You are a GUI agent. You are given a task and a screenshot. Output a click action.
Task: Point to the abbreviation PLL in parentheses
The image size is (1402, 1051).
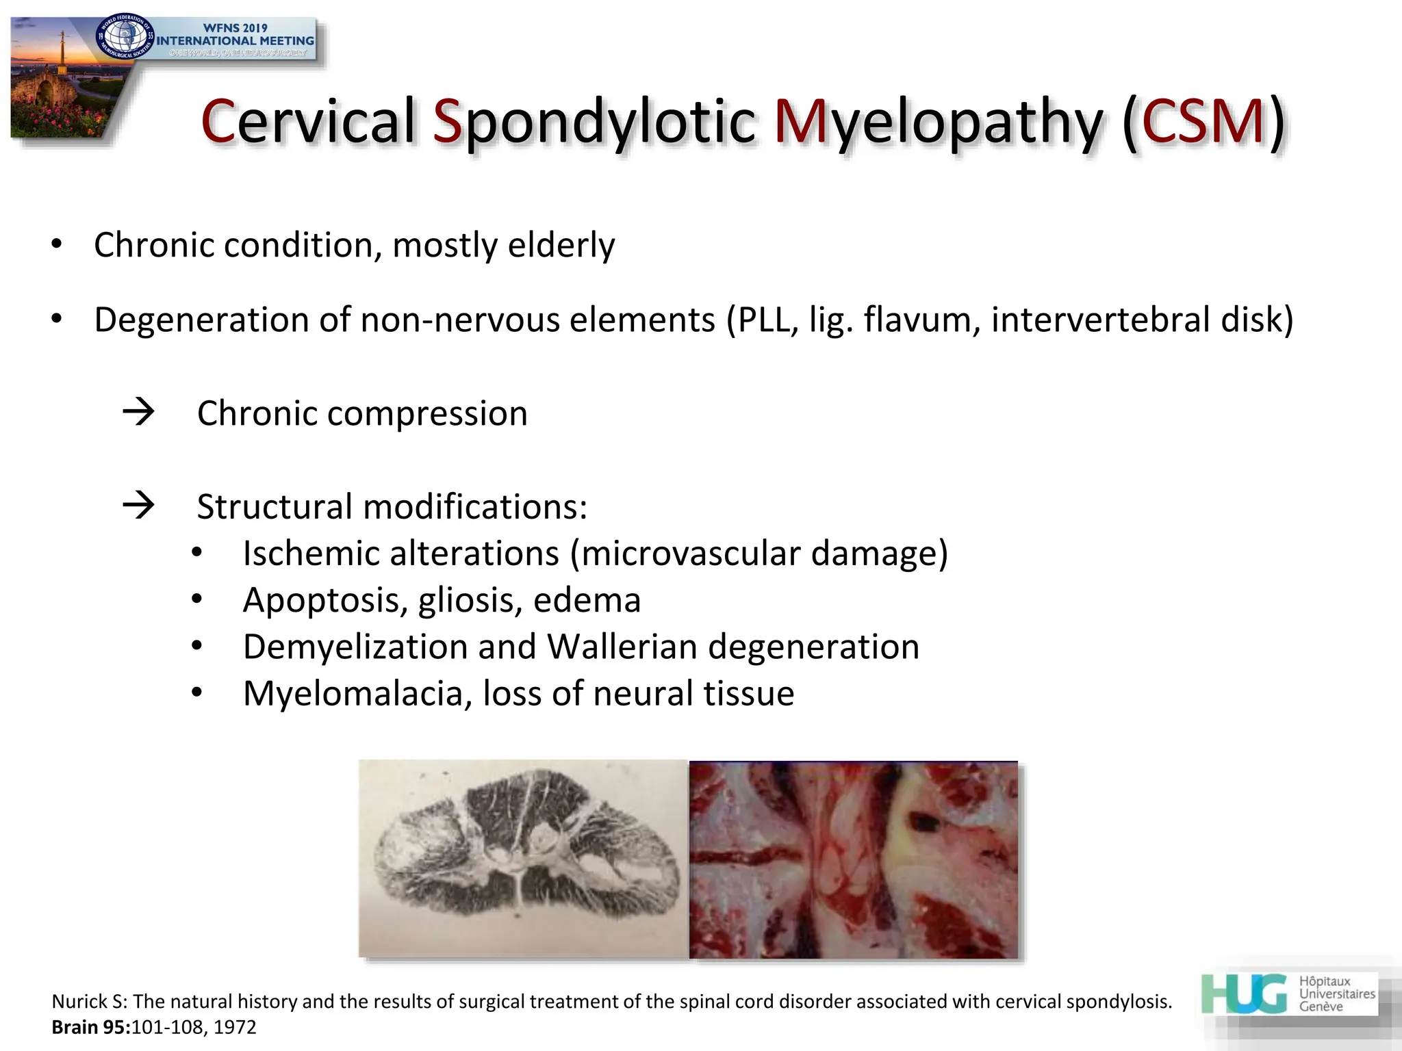coord(762,320)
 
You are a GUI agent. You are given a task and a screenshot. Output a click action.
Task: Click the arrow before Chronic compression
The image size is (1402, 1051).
coord(138,412)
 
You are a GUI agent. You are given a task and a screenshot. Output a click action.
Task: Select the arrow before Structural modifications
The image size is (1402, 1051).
coord(138,506)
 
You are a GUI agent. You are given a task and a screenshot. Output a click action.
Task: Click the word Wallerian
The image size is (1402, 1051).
coord(622,647)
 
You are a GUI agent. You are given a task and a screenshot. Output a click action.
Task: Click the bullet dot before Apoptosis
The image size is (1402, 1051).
coord(197,600)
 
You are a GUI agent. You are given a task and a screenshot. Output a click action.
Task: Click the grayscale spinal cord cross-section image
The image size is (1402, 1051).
coord(523,859)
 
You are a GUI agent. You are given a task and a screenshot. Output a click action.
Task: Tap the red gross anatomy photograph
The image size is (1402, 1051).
coord(853,859)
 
